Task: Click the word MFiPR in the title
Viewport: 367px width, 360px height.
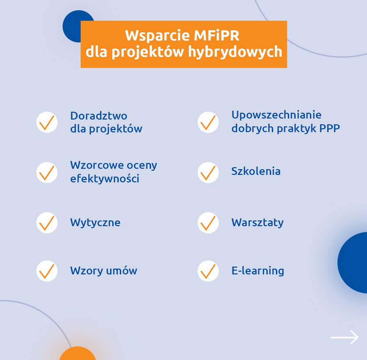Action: click(x=217, y=36)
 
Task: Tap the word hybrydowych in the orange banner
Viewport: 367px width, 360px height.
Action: click(x=235, y=52)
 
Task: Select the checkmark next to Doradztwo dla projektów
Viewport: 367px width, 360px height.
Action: click(x=47, y=122)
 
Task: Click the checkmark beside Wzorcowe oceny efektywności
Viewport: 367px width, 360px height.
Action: click(x=47, y=172)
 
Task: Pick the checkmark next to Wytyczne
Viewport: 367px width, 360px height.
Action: click(x=47, y=223)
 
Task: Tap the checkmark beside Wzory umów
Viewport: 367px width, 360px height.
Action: click(x=47, y=271)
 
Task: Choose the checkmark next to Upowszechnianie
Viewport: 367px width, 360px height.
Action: click(x=208, y=122)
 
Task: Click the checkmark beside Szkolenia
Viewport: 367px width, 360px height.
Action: click(x=208, y=172)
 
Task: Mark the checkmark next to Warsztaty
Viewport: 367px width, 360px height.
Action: click(x=208, y=223)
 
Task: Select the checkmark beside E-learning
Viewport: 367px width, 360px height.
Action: click(x=208, y=271)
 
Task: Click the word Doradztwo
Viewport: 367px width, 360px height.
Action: click(x=99, y=116)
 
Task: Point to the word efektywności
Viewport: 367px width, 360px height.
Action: click(x=105, y=179)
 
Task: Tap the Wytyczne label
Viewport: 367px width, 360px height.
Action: click(x=95, y=222)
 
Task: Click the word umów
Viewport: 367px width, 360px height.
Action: click(x=122, y=271)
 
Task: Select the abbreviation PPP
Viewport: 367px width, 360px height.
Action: click(x=330, y=128)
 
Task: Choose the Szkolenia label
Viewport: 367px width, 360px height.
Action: click(x=256, y=171)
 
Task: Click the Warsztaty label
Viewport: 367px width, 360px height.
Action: click(x=258, y=222)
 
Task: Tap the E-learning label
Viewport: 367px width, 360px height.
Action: click(x=258, y=271)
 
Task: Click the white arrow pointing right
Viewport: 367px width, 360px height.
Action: click(x=344, y=337)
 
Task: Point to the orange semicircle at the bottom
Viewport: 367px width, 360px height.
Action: click(x=78, y=354)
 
